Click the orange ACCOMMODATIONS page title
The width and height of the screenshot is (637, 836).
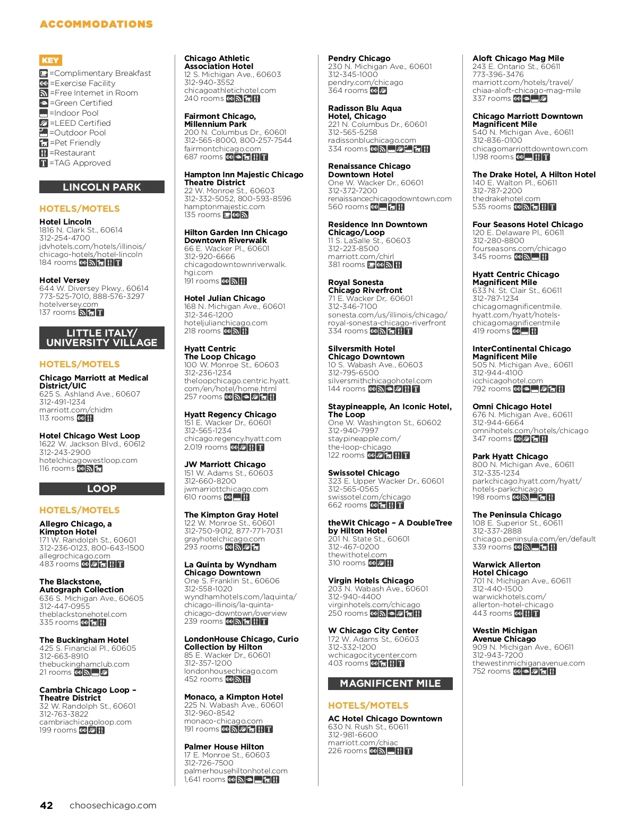(x=96, y=24)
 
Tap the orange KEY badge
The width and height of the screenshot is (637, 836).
(x=50, y=61)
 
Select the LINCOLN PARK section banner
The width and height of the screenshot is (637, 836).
(x=102, y=187)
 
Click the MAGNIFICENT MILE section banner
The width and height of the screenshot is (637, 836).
(x=390, y=684)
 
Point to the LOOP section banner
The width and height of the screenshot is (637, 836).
(x=102, y=489)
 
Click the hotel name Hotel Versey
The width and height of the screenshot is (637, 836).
(x=64, y=280)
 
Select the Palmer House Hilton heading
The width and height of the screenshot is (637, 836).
(x=224, y=747)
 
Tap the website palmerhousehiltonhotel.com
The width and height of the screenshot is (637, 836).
(x=236, y=771)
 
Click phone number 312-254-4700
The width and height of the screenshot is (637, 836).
(x=65, y=238)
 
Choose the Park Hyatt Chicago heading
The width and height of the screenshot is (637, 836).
(x=510, y=456)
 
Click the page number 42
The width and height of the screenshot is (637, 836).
(x=47, y=805)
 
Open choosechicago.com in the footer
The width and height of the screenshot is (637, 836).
(x=113, y=805)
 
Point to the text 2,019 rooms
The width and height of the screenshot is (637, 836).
(x=205, y=447)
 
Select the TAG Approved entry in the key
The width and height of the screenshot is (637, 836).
(x=80, y=163)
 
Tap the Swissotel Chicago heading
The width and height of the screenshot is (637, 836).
(x=364, y=473)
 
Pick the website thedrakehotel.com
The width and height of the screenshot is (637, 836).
(x=506, y=199)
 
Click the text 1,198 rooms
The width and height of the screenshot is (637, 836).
(x=493, y=157)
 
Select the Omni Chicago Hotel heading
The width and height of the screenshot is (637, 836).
(x=512, y=407)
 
